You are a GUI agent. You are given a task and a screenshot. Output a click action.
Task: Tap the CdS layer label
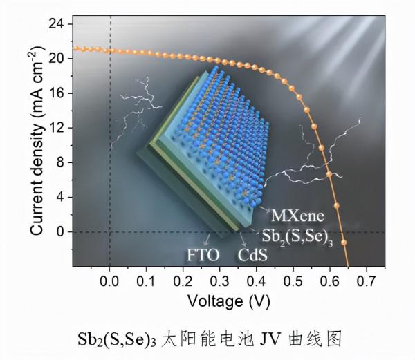(x=253, y=257)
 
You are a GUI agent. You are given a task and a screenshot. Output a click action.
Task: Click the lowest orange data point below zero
(x=344, y=243)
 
